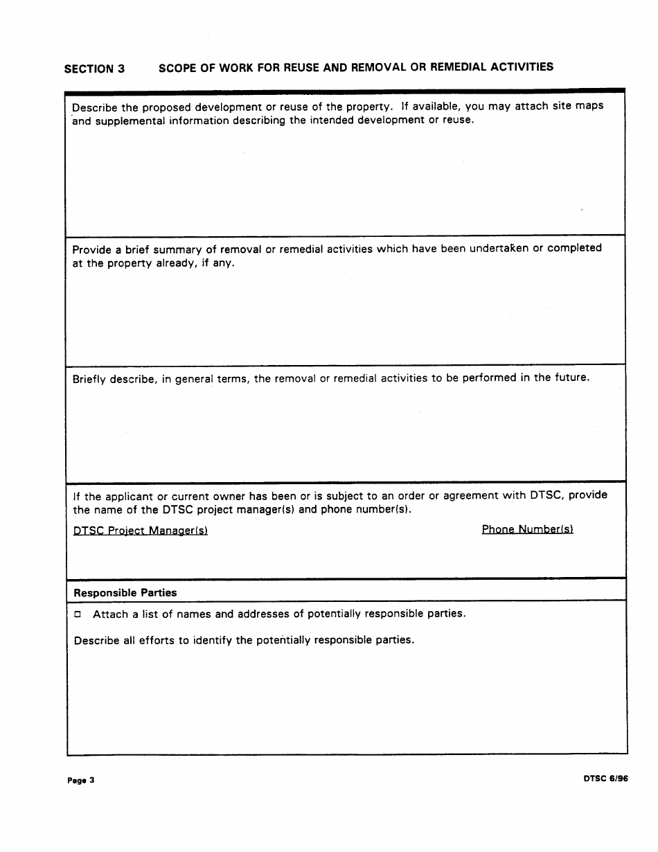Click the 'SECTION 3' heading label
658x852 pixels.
[x=94, y=69]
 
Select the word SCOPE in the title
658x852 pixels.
[x=177, y=68]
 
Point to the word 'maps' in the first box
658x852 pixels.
[x=589, y=106]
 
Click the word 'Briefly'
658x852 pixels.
[x=89, y=379]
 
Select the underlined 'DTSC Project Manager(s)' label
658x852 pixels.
[x=141, y=531]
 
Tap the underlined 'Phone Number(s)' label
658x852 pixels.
[x=527, y=529]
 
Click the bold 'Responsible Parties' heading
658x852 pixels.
[x=125, y=593]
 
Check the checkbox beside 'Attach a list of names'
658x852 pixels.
[x=78, y=614]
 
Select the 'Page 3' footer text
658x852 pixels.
[x=81, y=781]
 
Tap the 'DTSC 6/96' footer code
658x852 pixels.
[x=605, y=778]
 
